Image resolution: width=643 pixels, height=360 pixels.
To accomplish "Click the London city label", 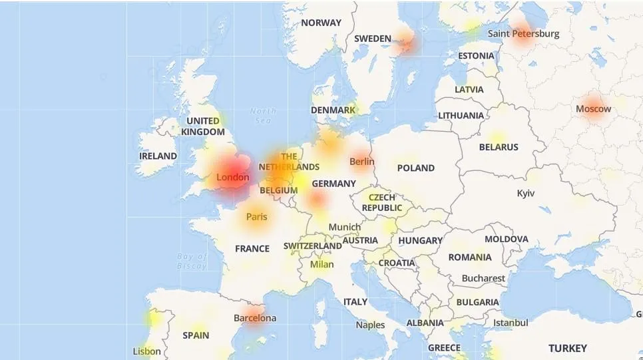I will pos(233,178).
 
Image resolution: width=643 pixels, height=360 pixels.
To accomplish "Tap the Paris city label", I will pos(256,216).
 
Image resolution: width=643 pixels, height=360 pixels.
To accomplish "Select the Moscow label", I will pos(593,108).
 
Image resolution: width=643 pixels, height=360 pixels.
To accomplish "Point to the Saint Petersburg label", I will pos(523,33).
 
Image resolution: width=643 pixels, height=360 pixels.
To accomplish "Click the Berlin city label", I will pos(362,161).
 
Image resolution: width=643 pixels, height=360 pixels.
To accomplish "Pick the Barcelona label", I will pos(254,318).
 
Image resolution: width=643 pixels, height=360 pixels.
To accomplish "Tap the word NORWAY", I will pos(321,23).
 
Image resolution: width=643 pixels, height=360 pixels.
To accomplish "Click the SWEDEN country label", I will pos(372,39).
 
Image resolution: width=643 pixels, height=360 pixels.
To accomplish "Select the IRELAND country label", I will pos(158,156).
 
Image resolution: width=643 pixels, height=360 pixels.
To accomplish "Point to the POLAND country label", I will pos(415,168).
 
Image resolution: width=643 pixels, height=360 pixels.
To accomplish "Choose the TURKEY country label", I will pos(567,348).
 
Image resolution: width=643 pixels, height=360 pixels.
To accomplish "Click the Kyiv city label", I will pos(526,193).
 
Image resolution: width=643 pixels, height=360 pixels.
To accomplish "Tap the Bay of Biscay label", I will pos(192,261).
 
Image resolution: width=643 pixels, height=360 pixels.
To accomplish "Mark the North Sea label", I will pos(263,116).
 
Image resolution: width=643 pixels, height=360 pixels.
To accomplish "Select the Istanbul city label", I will pos(511,323).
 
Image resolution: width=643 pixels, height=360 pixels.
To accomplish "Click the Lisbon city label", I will pos(146,351).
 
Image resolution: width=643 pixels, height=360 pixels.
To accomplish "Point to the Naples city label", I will pos(370,325).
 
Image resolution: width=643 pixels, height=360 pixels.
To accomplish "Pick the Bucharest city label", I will pos(483,278).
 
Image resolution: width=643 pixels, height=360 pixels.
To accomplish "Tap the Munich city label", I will pos(344,227).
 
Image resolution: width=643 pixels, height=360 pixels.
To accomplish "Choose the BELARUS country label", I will pos(499,147).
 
